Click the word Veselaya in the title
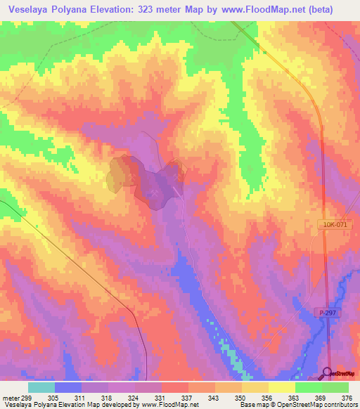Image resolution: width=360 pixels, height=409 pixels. point(33,10)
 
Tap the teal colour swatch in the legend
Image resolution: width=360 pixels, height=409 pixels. point(41,387)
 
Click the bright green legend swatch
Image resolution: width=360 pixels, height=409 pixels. point(308,387)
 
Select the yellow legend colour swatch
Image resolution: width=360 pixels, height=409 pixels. point(281,387)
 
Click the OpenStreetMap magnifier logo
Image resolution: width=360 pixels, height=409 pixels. point(327,372)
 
